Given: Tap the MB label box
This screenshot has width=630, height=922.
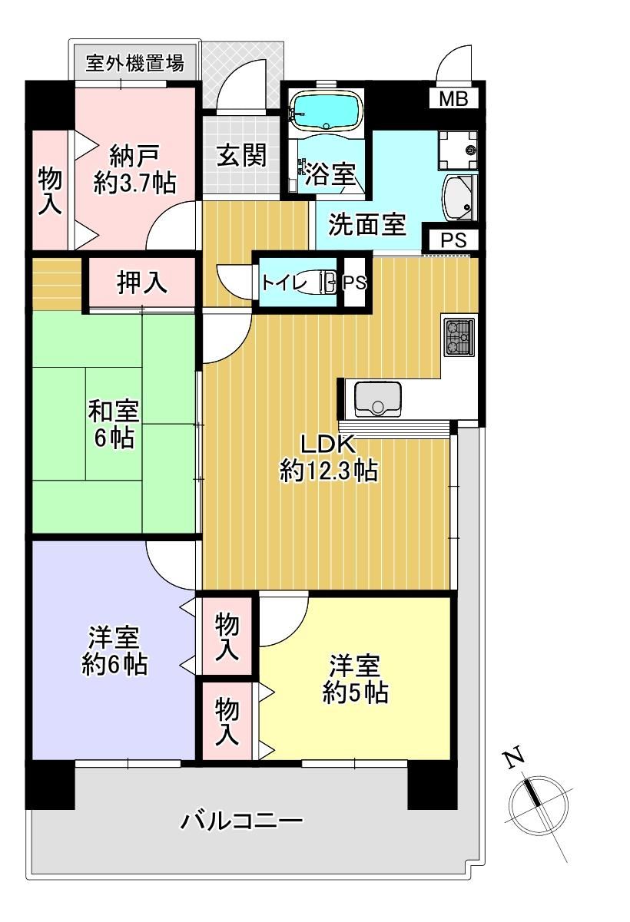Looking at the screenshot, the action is (x=453, y=99).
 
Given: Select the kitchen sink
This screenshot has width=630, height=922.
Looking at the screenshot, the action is (x=378, y=398).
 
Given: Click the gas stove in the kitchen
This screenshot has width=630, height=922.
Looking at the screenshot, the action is (x=459, y=337).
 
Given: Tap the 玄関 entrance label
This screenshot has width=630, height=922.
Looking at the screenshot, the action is (x=241, y=155).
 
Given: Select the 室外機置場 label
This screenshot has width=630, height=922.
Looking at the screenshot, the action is (x=134, y=63).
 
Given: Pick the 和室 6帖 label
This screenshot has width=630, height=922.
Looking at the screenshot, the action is (x=114, y=424).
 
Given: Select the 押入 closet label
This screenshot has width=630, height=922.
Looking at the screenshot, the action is (x=142, y=282).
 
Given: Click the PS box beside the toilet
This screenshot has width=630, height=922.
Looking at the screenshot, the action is (x=354, y=283).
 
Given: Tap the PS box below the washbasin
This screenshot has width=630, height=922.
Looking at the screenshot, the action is (x=453, y=240).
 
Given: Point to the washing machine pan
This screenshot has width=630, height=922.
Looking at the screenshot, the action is (x=458, y=150).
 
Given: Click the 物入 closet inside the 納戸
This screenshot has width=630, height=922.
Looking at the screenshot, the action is (x=50, y=190).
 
